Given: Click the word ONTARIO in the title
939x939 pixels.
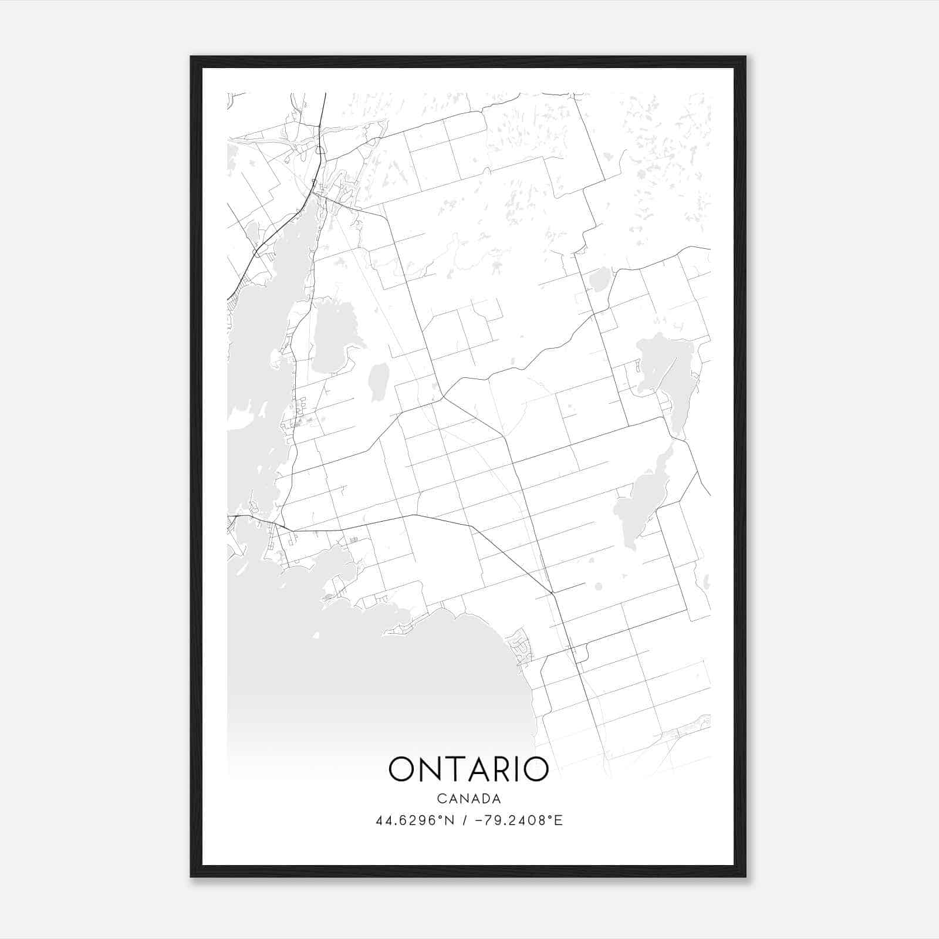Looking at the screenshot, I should [x=468, y=769].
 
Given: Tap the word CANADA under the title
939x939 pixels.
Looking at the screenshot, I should [x=468, y=799].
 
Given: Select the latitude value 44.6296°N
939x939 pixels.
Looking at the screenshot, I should [x=416, y=820].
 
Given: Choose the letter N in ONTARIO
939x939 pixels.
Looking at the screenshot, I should [x=430, y=769].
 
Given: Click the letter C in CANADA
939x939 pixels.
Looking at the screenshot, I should [x=440, y=799].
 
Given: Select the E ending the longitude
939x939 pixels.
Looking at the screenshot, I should [x=559, y=820].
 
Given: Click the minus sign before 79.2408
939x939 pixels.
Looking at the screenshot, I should [x=478, y=820].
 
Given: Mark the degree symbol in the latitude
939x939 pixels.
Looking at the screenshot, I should [x=443, y=817].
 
